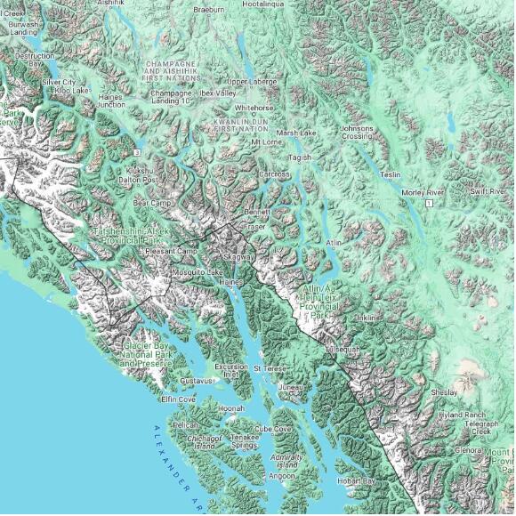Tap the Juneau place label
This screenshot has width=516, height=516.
point(291,388)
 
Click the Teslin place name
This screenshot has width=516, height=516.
point(391,174)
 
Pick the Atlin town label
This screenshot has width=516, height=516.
point(334,242)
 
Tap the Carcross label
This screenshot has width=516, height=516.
point(275,174)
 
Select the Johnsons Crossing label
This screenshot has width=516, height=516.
point(357,132)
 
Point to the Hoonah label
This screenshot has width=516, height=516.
point(231,408)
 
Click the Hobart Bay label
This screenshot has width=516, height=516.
point(356,481)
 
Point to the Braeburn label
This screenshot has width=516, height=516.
point(208,9)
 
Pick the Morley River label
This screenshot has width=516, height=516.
point(422,192)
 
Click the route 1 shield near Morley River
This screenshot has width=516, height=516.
point(428,204)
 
